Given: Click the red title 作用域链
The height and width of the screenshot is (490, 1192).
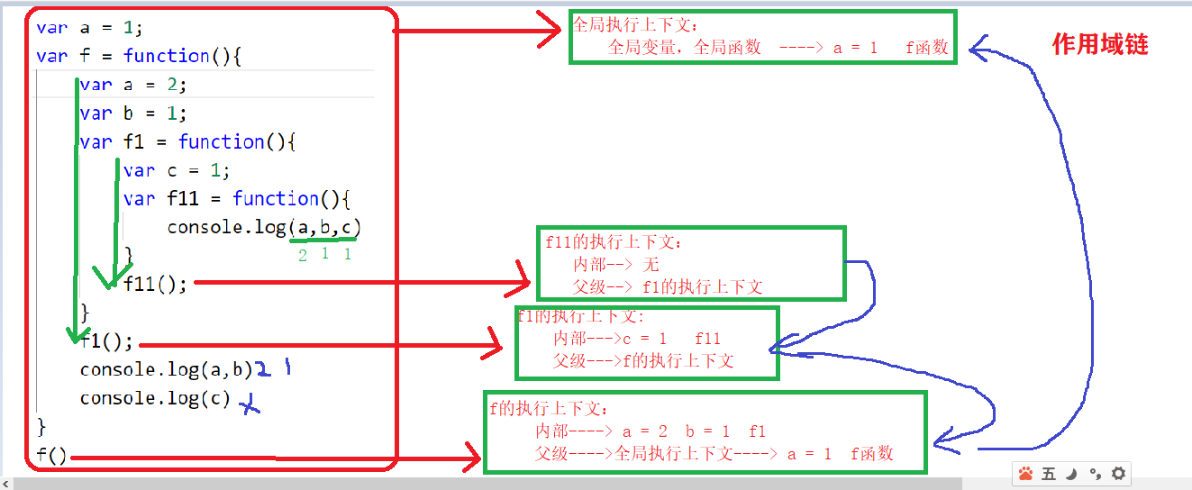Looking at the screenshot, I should pyautogui.click(x=1100, y=44).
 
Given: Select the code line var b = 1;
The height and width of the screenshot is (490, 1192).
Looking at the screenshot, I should pyautogui.click(x=132, y=113).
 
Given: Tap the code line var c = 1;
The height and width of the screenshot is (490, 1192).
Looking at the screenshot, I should pyautogui.click(x=177, y=170).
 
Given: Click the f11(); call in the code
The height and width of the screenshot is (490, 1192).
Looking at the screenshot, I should pyautogui.click(x=155, y=284).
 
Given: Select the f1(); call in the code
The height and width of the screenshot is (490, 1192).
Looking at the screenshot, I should pyautogui.click(x=106, y=341).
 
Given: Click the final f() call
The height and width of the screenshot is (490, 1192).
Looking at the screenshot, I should pyautogui.click(x=52, y=456).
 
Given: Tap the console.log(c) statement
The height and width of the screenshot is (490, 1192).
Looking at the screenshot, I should pyautogui.click(x=155, y=398).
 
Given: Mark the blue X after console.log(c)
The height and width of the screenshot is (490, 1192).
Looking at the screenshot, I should pyautogui.click(x=249, y=407).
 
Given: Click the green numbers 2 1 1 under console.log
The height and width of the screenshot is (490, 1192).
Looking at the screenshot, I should pyautogui.click(x=324, y=255).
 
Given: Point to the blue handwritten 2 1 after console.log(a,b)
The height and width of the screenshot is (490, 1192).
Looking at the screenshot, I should pyautogui.click(x=274, y=369).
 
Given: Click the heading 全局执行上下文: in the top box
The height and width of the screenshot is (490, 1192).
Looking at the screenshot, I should pyautogui.click(x=635, y=24).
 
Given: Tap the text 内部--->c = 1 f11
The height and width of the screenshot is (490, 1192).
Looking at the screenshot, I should pyautogui.click(x=637, y=339).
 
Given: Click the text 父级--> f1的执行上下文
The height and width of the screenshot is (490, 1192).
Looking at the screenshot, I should pyautogui.click(x=668, y=287).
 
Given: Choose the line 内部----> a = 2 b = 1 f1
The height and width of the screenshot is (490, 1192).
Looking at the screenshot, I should pyautogui.click(x=650, y=431).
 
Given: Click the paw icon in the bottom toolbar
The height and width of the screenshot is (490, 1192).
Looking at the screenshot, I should pyautogui.click(x=1025, y=474).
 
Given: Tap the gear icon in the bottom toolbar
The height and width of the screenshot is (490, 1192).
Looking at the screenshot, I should pyautogui.click(x=1118, y=474).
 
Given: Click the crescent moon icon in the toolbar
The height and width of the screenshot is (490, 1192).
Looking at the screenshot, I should pyautogui.click(x=1071, y=474).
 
